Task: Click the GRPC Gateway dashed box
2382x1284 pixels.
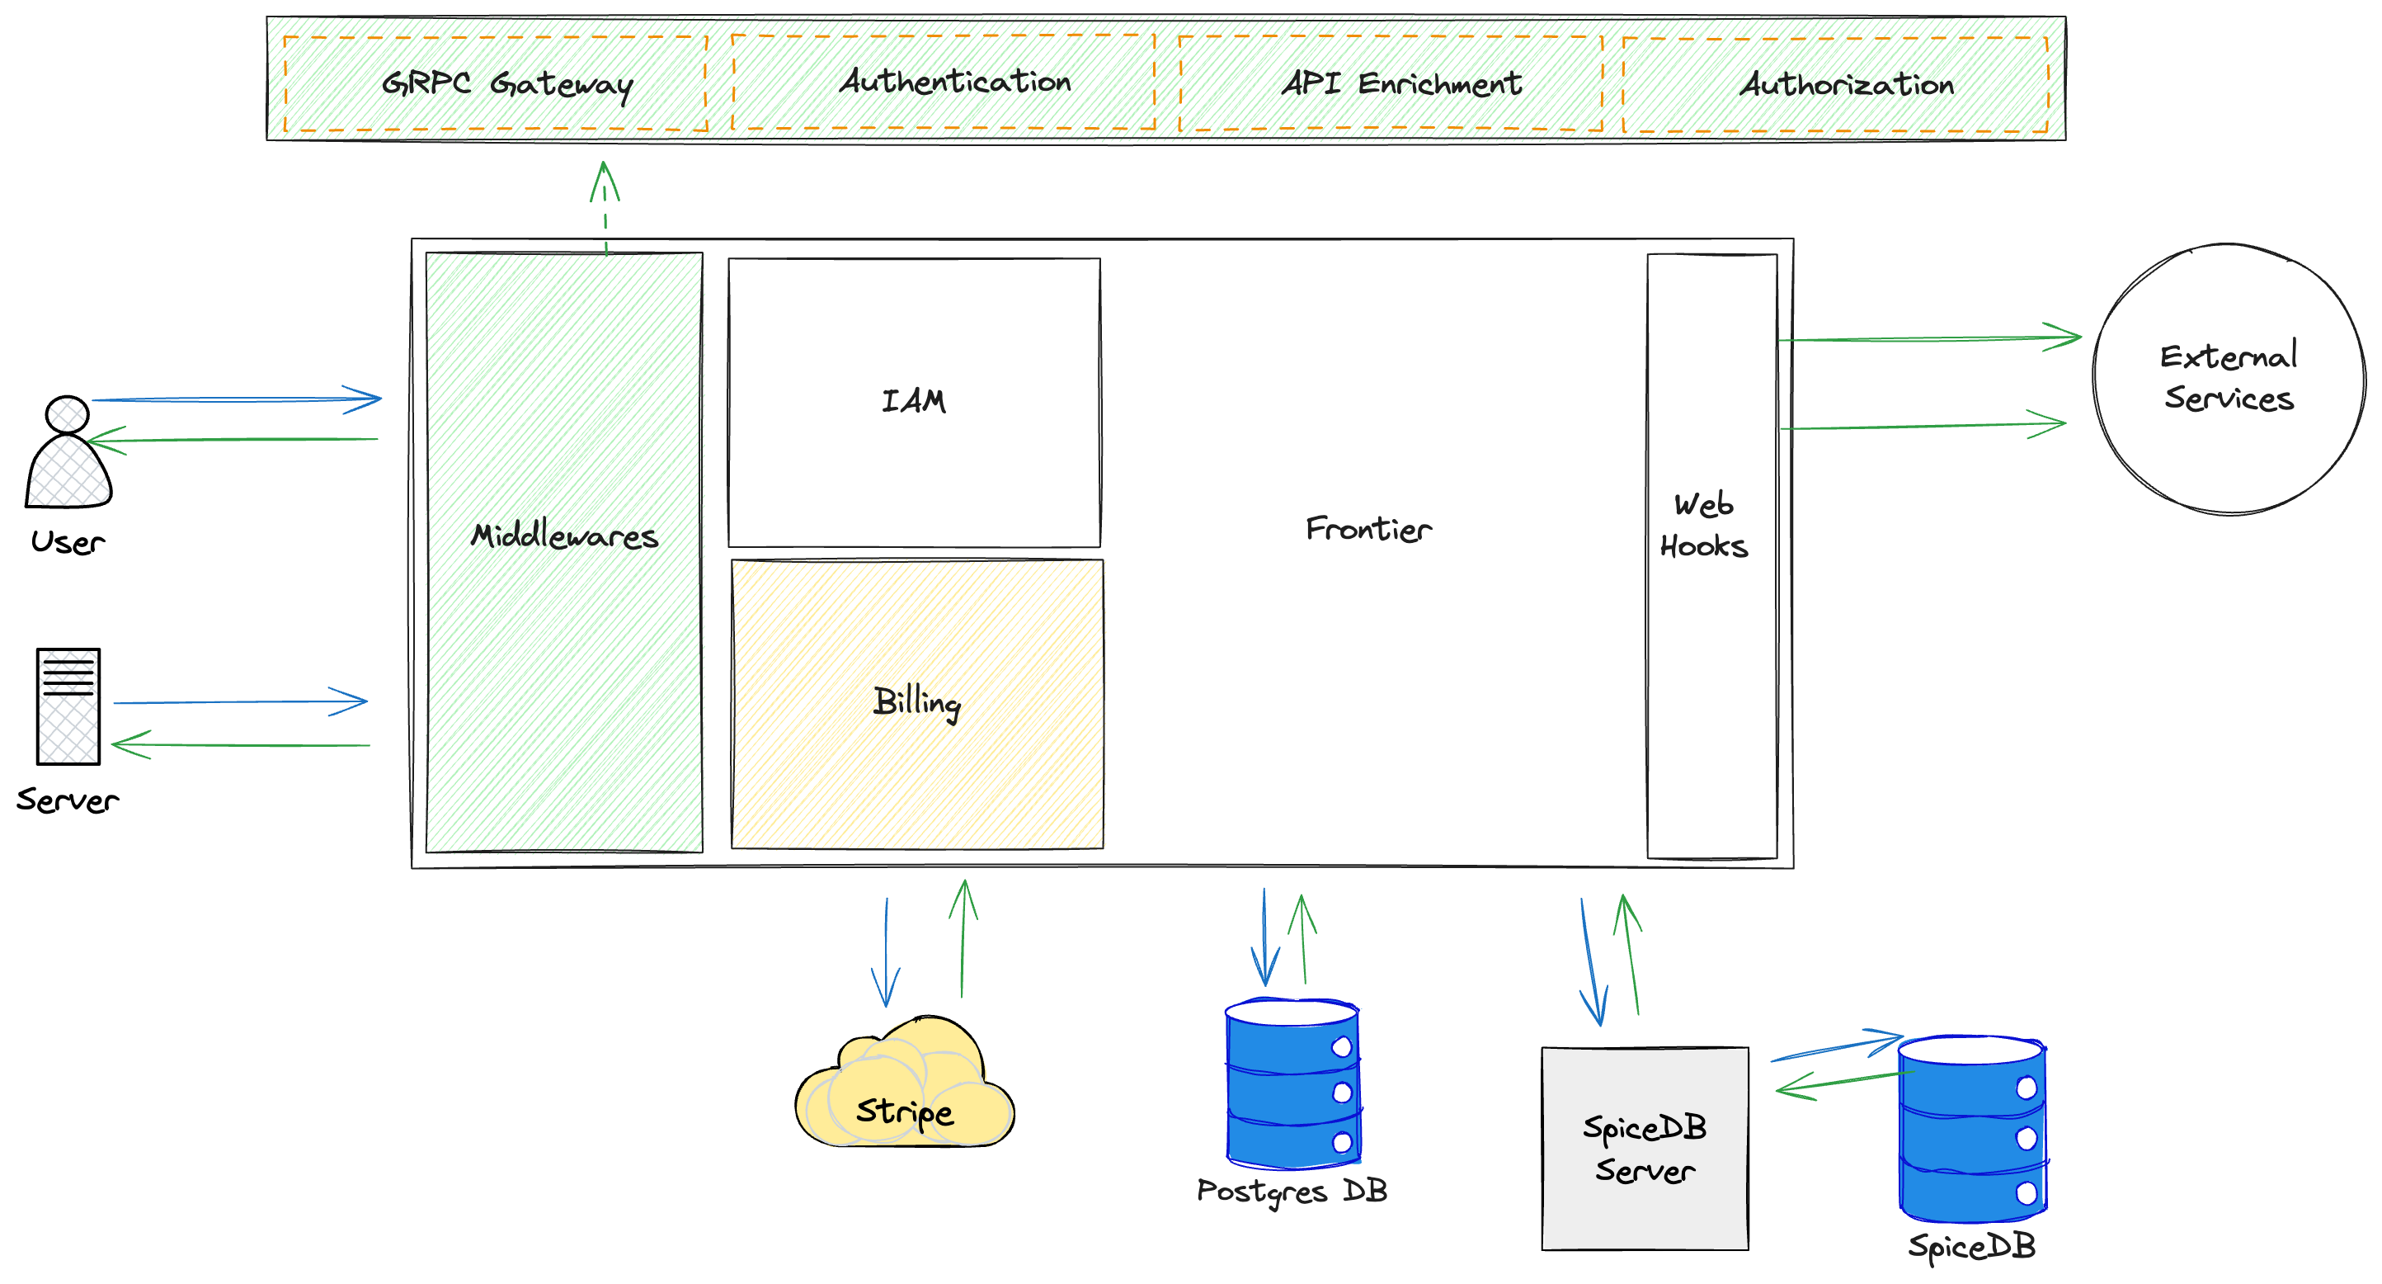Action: click(496, 83)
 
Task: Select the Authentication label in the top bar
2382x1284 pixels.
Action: click(954, 82)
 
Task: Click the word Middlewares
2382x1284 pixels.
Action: click(564, 536)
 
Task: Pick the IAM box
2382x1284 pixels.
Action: click(914, 402)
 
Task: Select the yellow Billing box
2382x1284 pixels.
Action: click(916, 703)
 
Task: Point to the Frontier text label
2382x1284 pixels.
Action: click(1368, 529)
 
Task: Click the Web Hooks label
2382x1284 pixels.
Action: click(1703, 526)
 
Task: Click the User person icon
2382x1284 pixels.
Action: click(68, 454)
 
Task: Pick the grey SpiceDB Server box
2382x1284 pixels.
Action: click(1644, 1148)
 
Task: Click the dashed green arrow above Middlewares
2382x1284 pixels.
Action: click(605, 207)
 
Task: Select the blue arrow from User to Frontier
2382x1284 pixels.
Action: click(236, 399)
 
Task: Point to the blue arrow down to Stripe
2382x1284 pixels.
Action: click(886, 953)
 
